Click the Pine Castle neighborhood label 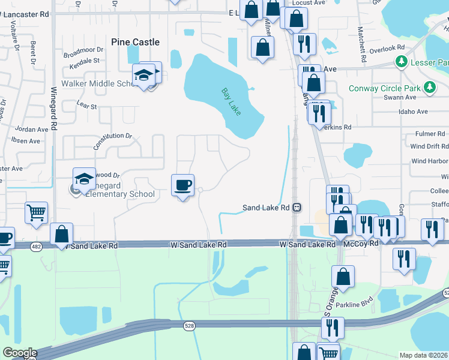click(x=136, y=42)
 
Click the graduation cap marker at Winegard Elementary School click(x=84, y=178)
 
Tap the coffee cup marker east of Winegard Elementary click(x=182, y=184)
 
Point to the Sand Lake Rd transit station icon click(x=297, y=208)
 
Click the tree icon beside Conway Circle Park click(x=429, y=88)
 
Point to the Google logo click(x=20, y=353)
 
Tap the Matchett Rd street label click(x=362, y=44)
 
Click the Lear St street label click(x=87, y=106)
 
